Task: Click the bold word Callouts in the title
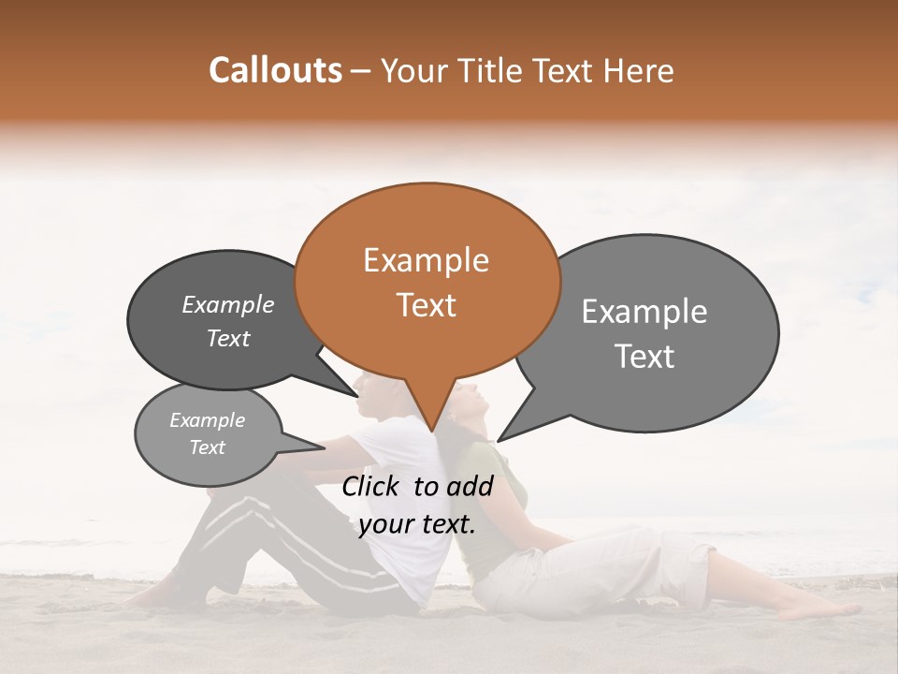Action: click(275, 70)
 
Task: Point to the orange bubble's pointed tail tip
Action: click(432, 431)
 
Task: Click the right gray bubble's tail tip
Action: click(500, 440)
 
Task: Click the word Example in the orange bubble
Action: click(426, 260)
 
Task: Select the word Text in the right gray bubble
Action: click(645, 357)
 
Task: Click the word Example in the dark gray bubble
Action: click(227, 305)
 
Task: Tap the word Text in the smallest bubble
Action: click(207, 447)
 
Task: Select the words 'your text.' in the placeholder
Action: click(417, 525)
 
